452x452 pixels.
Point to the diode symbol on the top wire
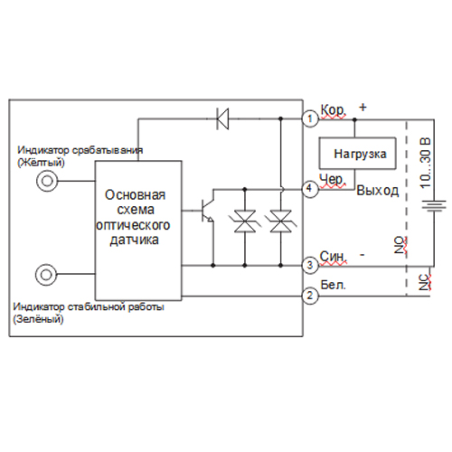pos(222,118)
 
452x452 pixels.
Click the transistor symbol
pos(208,211)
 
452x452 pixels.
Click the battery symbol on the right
pos(434,205)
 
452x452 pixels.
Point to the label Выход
pos(378,191)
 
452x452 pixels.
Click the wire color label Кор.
pos(333,110)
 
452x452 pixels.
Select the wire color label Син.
pos(333,257)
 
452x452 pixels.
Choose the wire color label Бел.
pos(333,285)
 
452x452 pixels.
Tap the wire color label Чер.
pos(333,180)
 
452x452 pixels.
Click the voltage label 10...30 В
pos(425,164)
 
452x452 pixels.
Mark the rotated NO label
pos(400,245)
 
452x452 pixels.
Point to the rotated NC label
pos(424,282)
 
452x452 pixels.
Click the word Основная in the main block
pos(135,195)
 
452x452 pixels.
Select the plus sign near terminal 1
pos(363,107)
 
